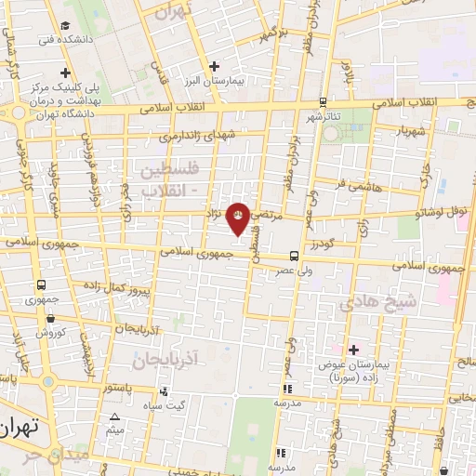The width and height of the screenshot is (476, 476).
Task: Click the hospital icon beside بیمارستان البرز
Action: [214, 66]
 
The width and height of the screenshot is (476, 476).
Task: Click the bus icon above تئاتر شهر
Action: [322, 102]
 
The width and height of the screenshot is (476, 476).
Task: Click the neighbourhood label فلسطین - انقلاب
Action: [170, 180]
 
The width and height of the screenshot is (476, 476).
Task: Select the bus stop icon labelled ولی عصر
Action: [294, 255]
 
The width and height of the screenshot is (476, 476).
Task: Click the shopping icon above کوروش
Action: [41, 318]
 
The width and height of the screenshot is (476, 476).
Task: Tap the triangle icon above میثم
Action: [114, 417]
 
